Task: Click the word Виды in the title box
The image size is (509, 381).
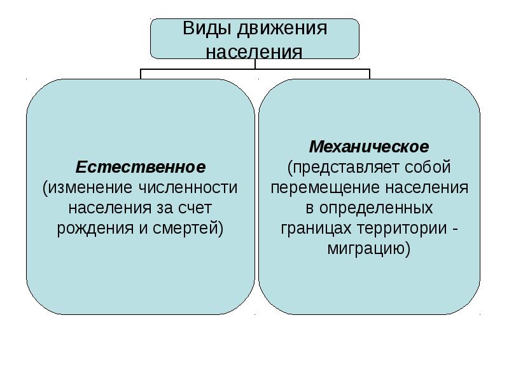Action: [208, 29]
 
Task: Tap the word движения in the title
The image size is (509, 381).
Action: [282, 29]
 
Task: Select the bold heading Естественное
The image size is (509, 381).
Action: [141, 167]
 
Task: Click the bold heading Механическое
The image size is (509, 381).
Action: [369, 147]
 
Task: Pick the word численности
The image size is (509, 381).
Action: [188, 187]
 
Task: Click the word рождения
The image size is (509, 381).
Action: [95, 229]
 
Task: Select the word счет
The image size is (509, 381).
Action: [195, 208]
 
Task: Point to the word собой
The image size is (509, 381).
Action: [428, 167]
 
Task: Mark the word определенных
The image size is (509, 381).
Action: [376, 208]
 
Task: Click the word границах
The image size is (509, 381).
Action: [316, 229]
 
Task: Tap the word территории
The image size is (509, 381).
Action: [402, 229]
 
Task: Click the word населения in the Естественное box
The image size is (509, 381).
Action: [109, 208]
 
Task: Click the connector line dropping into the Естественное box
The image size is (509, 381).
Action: [141, 74]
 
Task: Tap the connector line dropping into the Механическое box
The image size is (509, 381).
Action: [370, 74]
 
